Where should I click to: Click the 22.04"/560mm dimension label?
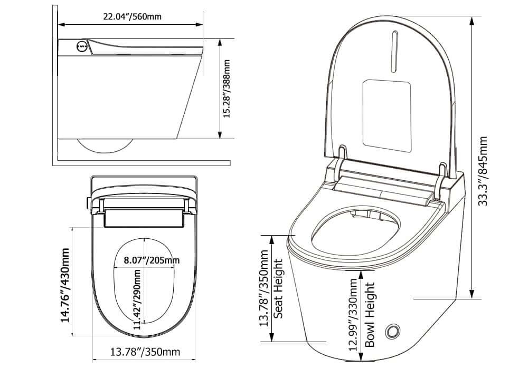132,16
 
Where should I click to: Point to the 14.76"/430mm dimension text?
66,285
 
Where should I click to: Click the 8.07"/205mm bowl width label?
151,260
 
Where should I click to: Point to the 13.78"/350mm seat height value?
265,288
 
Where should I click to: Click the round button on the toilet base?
392,331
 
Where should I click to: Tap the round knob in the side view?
82,46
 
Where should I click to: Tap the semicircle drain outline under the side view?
104,145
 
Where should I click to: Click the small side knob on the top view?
87,202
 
